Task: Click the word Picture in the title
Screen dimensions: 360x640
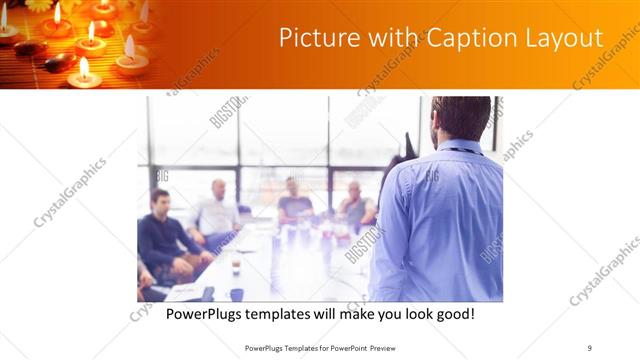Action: pyautogui.click(x=314, y=38)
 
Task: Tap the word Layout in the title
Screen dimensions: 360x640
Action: pyautogui.click(x=568, y=38)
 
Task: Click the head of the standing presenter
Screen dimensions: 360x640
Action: pyautogui.click(x=461, y=117)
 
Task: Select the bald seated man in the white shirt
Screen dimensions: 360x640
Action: pyautogui.click(x=217, y=213)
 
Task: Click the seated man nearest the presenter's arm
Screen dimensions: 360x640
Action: pyautogui.click(x=356, y=204)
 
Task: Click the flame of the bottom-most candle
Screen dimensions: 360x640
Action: pyautogui.click(x=83, y=67)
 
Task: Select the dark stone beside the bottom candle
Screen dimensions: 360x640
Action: pyautogui.click(x=60, y=63)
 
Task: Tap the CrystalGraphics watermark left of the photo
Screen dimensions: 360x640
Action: pyautogui.click(x=70, y=192)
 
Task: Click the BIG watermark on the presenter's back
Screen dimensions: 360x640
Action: pyautogui.click(x=432, y=176)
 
